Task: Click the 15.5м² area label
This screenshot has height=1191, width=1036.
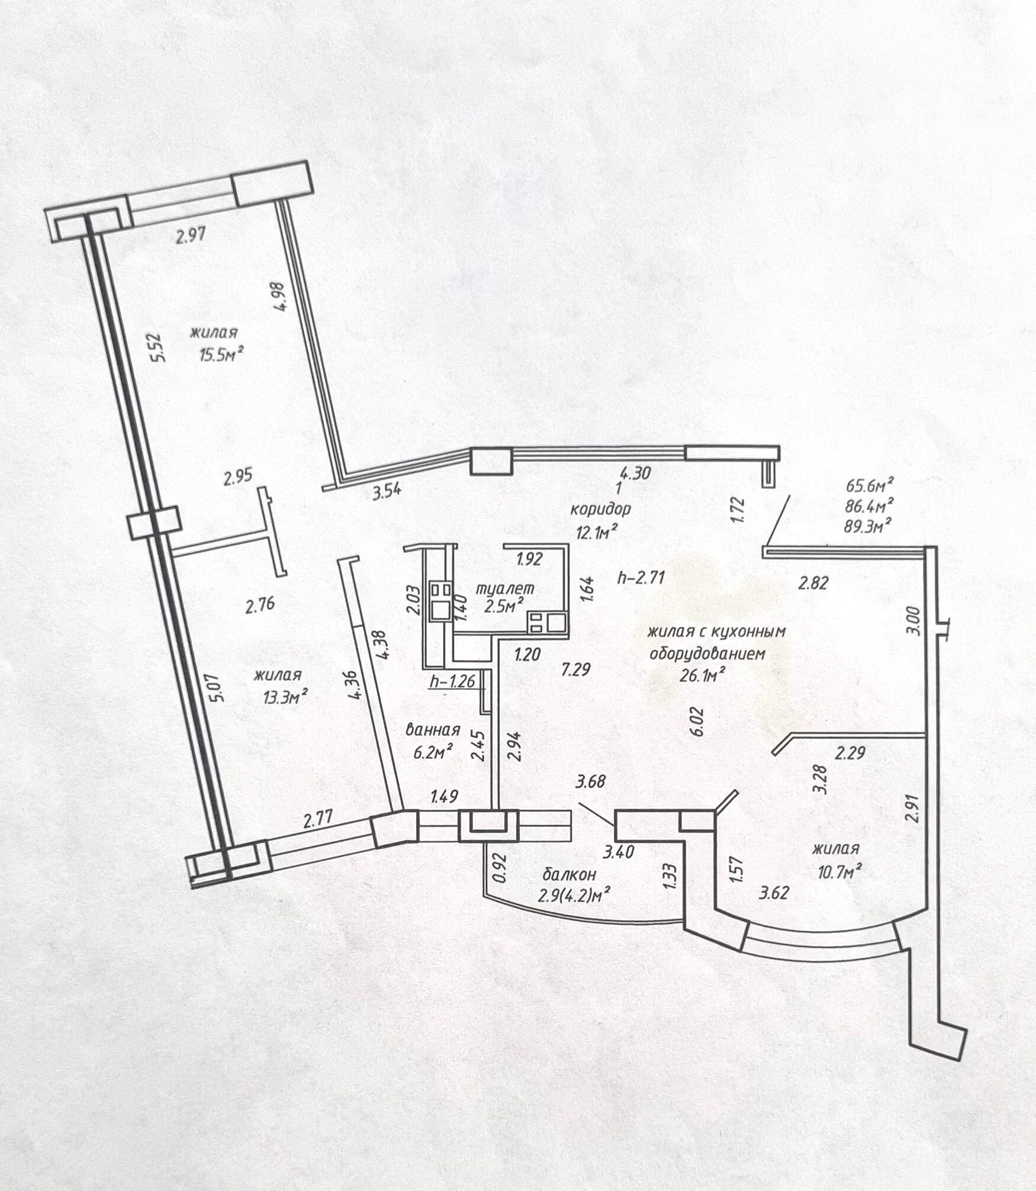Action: click(x=222, y=355)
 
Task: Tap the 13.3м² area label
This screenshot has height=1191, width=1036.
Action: click(x=285, y=697)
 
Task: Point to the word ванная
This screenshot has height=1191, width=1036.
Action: click(x=433, y=730)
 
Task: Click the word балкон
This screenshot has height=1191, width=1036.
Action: click(x=570, y=874)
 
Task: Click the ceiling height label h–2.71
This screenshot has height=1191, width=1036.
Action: click(x=641, y=577)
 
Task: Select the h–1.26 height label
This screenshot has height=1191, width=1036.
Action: click(x=453, y=681)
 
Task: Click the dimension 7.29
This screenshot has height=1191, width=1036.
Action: click(x=576, y=670)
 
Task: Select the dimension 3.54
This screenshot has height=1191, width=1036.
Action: click(x=387, y=491)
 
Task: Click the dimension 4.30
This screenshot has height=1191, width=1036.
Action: click(x=635, y=473)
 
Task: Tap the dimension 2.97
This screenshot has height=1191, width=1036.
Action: click(x=191, y=236)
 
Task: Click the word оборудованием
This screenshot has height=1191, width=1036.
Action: click(x=707, y=654)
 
